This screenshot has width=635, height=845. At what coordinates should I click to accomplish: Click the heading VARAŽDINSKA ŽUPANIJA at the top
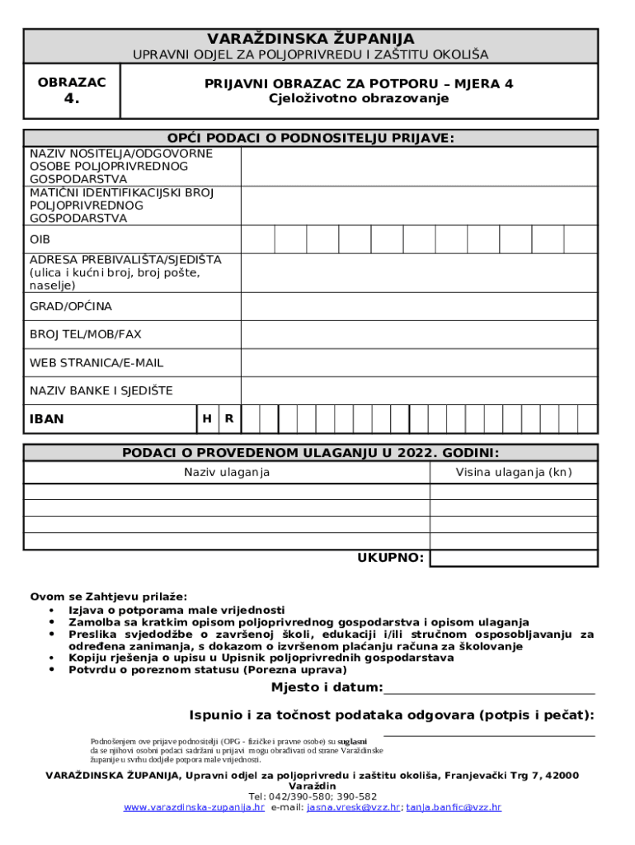click(x=311, y=39)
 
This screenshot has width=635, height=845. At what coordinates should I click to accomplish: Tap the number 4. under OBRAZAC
click(x=72, y=100)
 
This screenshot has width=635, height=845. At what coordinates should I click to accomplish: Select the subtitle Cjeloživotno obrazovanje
click(x=359, y=98)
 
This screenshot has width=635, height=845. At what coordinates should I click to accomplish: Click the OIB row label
click(x=40, y=239)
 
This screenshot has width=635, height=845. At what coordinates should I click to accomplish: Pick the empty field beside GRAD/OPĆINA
click(x=418, y=306)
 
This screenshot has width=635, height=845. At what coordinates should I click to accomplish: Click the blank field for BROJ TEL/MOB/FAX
click(x=418, y=334)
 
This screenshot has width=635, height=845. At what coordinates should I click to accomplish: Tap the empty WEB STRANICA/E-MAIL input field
click(x=418, y=362)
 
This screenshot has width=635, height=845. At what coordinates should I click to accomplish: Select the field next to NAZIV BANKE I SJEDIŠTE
click(x=418, y=390)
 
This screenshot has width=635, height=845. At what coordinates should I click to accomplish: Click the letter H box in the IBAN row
click(x=206, y=418)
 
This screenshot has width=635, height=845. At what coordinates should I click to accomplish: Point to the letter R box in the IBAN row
click(x=228, y=418)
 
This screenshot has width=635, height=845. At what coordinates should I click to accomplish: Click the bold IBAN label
click(x=47, y=419)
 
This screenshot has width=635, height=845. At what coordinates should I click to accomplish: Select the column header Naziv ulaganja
click(x=227, y=472)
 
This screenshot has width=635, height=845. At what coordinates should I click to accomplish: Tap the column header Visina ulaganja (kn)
click(x=514, y=472)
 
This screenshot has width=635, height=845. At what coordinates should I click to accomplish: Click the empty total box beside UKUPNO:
click(x=514, y=558)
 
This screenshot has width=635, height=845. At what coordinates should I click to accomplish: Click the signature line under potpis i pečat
click(x=489, y=734)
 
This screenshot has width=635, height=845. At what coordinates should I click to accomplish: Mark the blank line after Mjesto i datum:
click(x=489, y=694)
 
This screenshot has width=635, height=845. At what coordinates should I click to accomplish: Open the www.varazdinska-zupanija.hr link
click(x=194, y=807)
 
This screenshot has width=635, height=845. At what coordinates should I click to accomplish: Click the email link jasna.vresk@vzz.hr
click(x=353, y=807)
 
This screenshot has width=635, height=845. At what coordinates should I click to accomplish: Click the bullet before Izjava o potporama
click(x=52, y=610)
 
